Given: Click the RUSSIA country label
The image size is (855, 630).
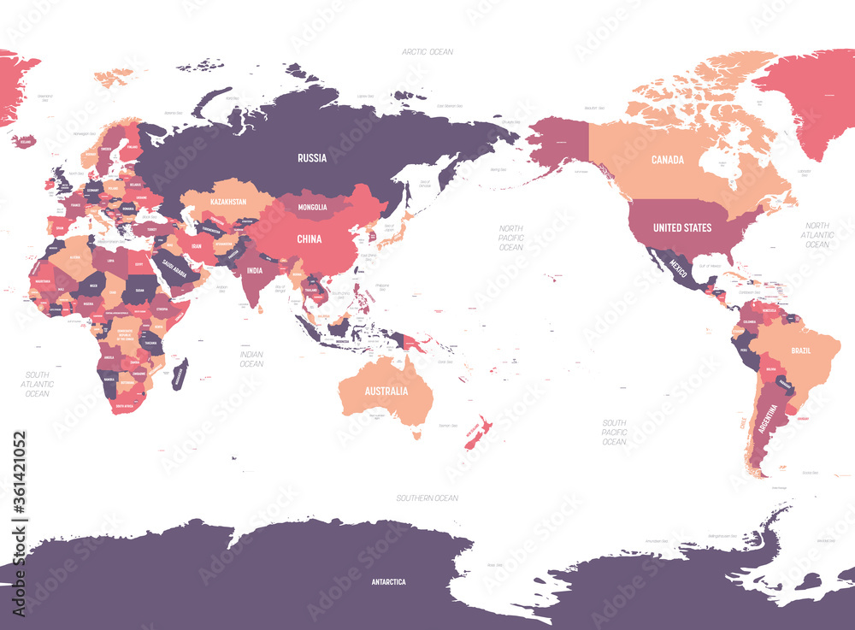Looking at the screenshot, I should tap(311, 158).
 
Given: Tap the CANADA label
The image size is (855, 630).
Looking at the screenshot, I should tap(667, 160).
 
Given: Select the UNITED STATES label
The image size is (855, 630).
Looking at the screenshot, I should tap(682, 228).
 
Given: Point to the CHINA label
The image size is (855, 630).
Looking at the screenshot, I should tap(310, 239).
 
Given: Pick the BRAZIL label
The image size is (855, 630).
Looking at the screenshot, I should tap(802, 351).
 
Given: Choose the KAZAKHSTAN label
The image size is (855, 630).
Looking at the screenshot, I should tap(224, 203).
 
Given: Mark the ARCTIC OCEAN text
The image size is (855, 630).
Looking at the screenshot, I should tap(427, 52).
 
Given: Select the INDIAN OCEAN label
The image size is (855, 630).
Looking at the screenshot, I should tap(251, 358).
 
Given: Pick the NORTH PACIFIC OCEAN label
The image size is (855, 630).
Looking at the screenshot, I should tap(510, 237).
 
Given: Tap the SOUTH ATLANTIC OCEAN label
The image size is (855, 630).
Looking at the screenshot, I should tap(38, 384).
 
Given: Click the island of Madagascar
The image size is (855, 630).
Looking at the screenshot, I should tap(180, 374).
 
